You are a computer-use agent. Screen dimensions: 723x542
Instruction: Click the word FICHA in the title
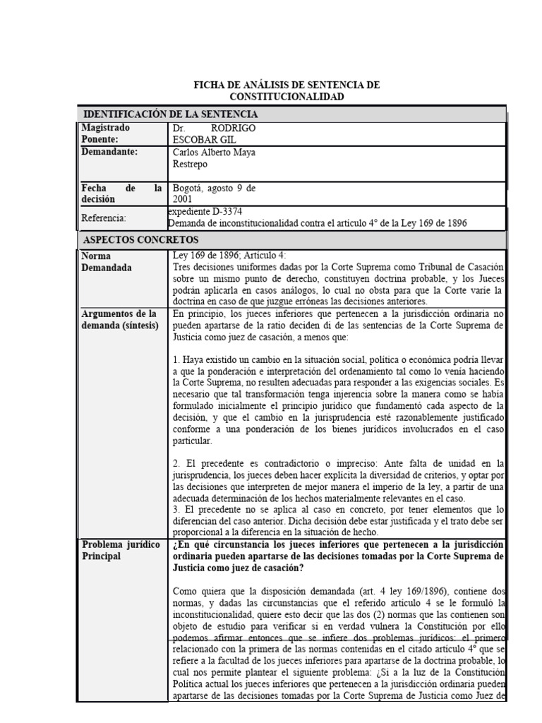[209, 85]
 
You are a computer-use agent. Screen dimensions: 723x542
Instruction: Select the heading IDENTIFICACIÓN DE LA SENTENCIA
[171, 114]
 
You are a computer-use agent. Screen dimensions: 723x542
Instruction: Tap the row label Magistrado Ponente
[107, 133]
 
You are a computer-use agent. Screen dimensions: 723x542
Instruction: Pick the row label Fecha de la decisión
[121, 193]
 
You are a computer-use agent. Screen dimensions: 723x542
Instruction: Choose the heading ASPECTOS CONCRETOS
[141, 240]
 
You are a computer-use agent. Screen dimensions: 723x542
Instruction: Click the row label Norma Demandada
[107, 261]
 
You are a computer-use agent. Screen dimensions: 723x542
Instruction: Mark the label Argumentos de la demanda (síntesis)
[120, 318]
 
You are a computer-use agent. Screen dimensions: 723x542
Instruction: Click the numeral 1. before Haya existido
[176, 361]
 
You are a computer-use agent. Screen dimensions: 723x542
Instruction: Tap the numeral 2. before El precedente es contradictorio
[176, 463]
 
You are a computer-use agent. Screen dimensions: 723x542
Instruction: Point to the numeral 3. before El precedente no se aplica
[176, 509]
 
